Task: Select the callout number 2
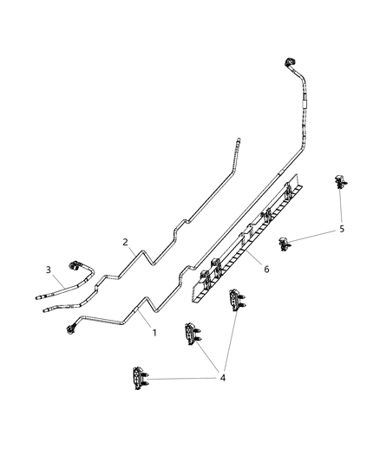126,243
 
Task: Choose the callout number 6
266,269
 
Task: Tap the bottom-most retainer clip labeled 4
138,380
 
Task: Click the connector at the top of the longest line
287,63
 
